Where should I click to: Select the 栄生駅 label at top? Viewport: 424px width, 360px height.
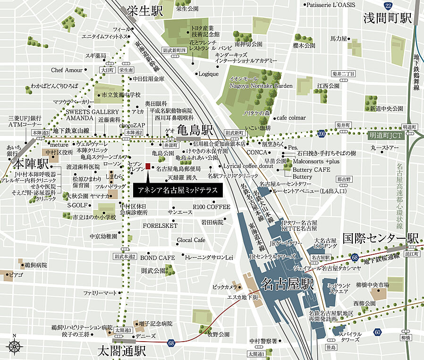pyautogui.click(x=144, y=12)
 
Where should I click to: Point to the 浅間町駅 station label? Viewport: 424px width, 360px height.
pyautogui.click(x=388, y=18)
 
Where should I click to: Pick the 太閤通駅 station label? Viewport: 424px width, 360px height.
pyautogui.click(x=122, y=351)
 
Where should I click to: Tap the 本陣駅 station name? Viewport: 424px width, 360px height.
pyautogui.click(x=31, y=164)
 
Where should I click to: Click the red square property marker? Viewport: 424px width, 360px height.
pyautogui.click(x=148, y=167)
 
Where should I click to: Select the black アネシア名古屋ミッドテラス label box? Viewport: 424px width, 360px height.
pyautogui.click(x=178, y=190)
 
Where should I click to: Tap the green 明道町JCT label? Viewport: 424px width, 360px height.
pyautogui.click(x=386, y=135)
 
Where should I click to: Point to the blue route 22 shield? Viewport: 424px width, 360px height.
pyautogui.click(x=388, y=5)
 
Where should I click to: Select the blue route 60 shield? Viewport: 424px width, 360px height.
pyautogui.click(x=377, y=332)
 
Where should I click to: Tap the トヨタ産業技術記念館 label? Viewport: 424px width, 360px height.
pyautogui.click(x=205, y=31)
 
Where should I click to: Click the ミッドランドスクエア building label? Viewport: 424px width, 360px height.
pyautogui.click(x=338, y=289)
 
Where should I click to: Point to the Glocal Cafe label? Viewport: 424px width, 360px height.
pyautogui.click(x=191, y=240)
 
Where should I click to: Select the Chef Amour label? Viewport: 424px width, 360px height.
pyautogui.click(x=67, y=70)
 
